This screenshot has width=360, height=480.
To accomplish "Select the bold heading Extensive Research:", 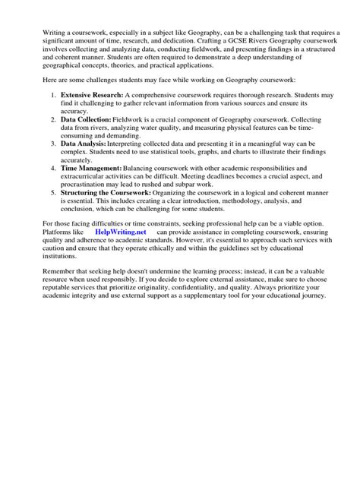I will click(89, 96).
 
